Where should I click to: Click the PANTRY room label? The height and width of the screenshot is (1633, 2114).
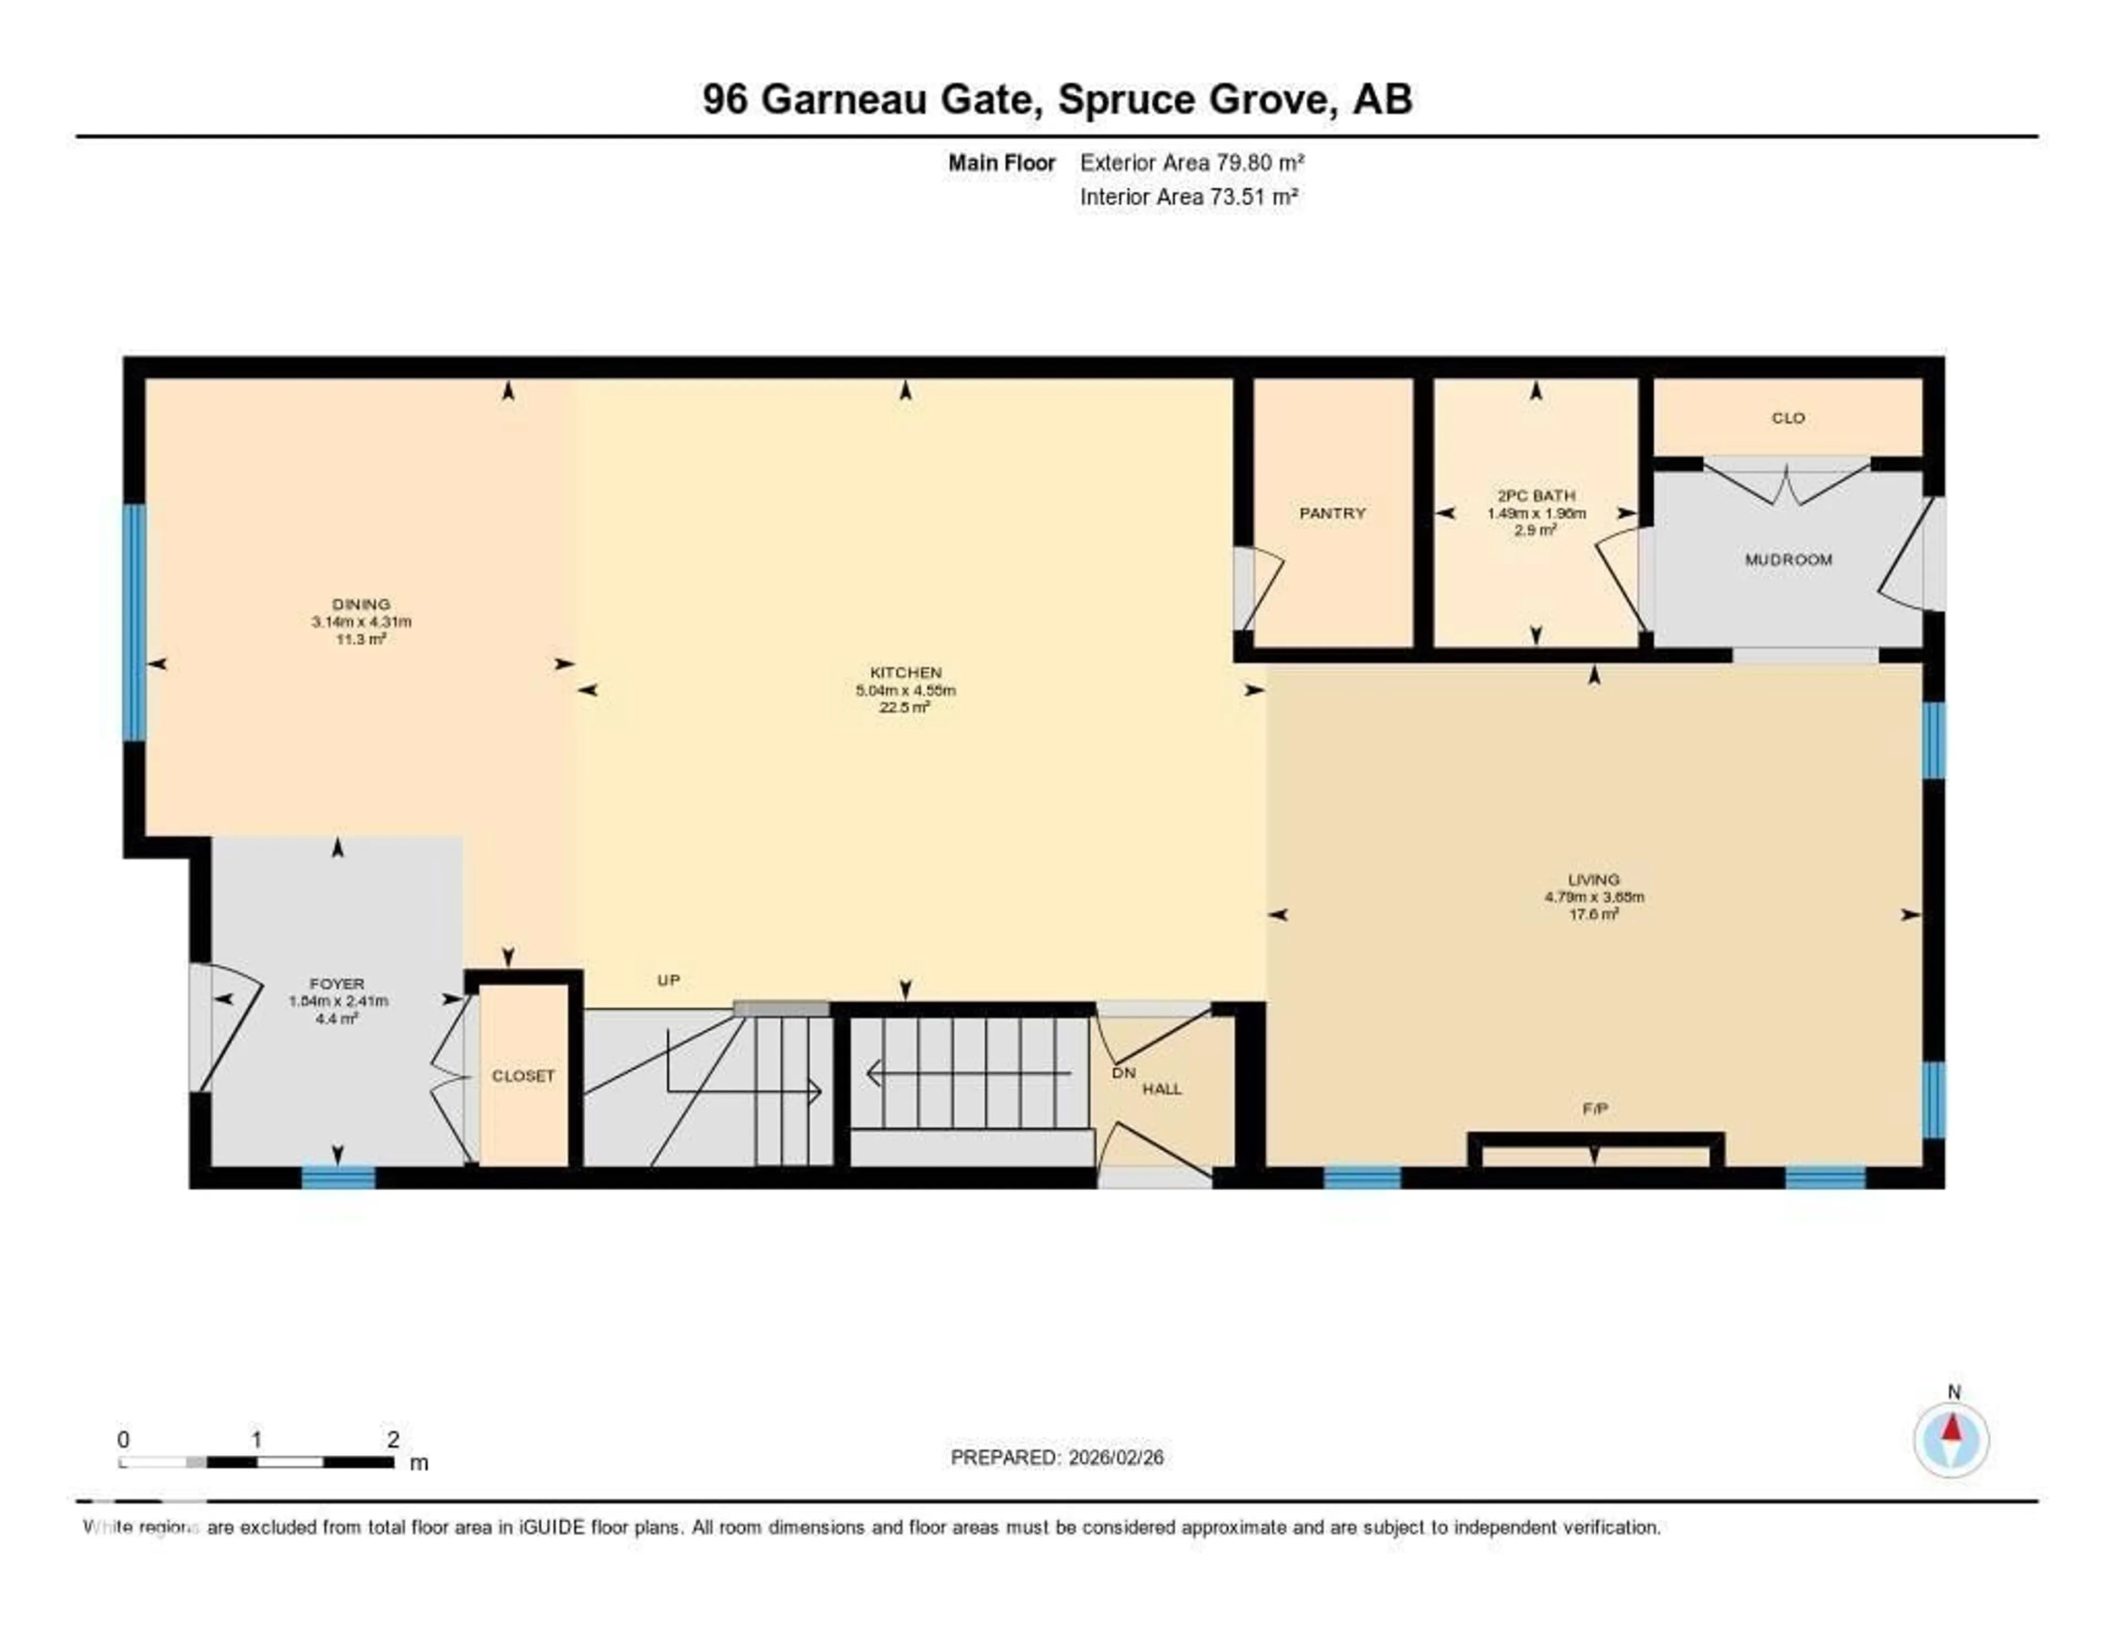(1332, 513)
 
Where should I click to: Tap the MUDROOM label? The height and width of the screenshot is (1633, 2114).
(1788, 559)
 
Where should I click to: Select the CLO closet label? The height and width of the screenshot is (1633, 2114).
(1788, 418)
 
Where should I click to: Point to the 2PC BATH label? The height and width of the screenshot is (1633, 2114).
(1535, 496)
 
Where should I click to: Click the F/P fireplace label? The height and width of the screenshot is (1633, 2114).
(1594, 1108)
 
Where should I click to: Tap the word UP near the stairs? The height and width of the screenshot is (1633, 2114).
(668, 979)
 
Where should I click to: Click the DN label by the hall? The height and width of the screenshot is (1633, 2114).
(1123, 1073)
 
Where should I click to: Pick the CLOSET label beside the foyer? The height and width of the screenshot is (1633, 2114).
(522, 1075)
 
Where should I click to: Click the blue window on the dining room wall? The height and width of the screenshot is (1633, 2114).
(134, 622)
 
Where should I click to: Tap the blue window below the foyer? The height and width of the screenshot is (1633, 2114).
(338, 1178)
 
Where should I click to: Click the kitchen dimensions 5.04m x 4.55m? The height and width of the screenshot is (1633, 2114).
(905, 690)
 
